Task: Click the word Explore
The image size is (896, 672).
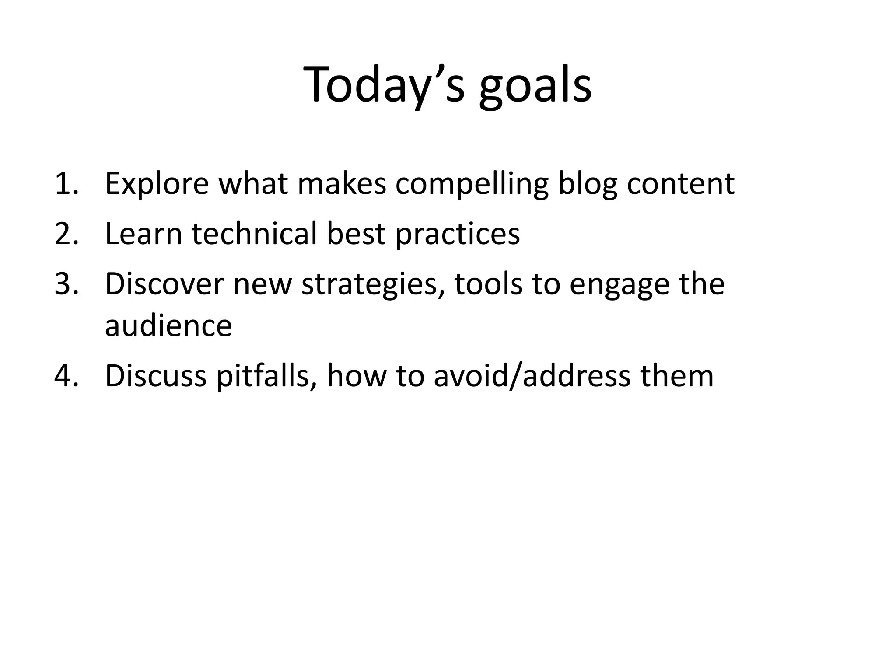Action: point(157,184)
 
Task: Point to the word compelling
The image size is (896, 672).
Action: point(472,184)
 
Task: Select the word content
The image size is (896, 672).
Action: point(680,184)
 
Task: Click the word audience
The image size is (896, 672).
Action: point(168,326)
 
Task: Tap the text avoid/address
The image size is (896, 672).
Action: point(532,376)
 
